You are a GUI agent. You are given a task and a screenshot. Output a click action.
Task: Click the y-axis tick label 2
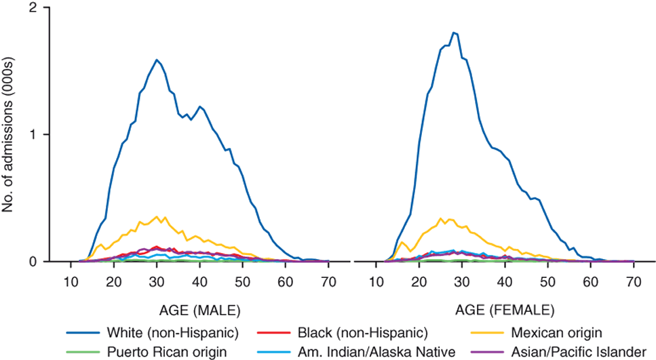(29, 8)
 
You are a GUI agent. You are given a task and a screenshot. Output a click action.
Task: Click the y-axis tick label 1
(29, 134)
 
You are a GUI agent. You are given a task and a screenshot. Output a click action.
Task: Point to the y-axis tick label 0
(29, 261)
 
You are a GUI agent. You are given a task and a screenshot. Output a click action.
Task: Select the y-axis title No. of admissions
(9, 135)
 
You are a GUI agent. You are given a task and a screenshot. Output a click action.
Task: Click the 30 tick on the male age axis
(157, 281)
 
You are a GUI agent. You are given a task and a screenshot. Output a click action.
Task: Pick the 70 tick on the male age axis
(329, 281)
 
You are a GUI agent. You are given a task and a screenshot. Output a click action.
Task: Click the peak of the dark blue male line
(157, 60)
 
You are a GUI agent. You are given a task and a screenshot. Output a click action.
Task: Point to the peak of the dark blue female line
(454, 33)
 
